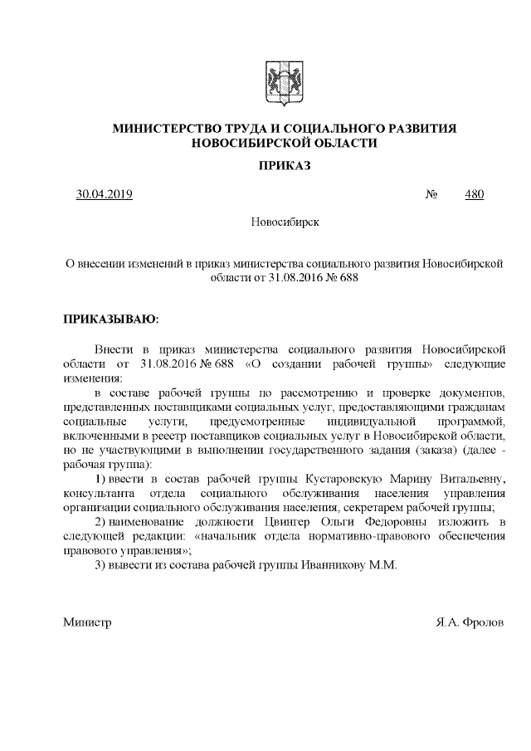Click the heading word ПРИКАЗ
coord(284,166)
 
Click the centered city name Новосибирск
coord(284,223)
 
